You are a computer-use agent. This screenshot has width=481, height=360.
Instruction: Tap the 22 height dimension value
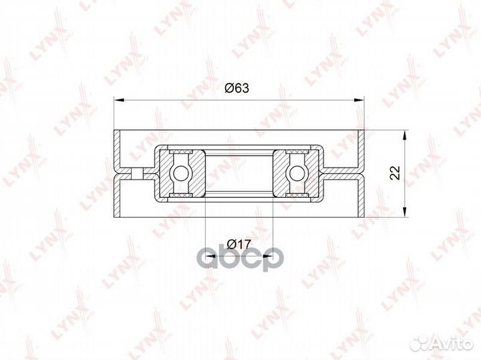(395, 173)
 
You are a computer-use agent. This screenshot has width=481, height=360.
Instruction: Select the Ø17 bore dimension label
(237, 244)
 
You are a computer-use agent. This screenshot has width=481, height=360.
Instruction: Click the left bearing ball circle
(180, 173)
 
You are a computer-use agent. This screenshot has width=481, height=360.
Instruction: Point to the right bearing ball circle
(296, 173)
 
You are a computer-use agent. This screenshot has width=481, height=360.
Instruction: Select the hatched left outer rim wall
(118, 173)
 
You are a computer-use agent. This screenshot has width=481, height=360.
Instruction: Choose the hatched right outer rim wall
(361, 173)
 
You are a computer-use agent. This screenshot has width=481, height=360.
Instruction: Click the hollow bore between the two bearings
(238, 173)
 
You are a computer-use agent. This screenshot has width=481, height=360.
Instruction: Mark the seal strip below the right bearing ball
(296, 194)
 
